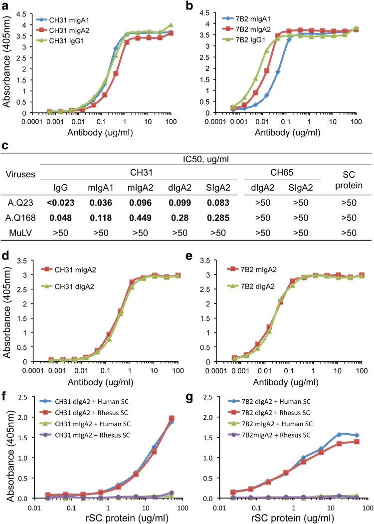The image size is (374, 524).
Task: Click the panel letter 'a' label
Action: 4,5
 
